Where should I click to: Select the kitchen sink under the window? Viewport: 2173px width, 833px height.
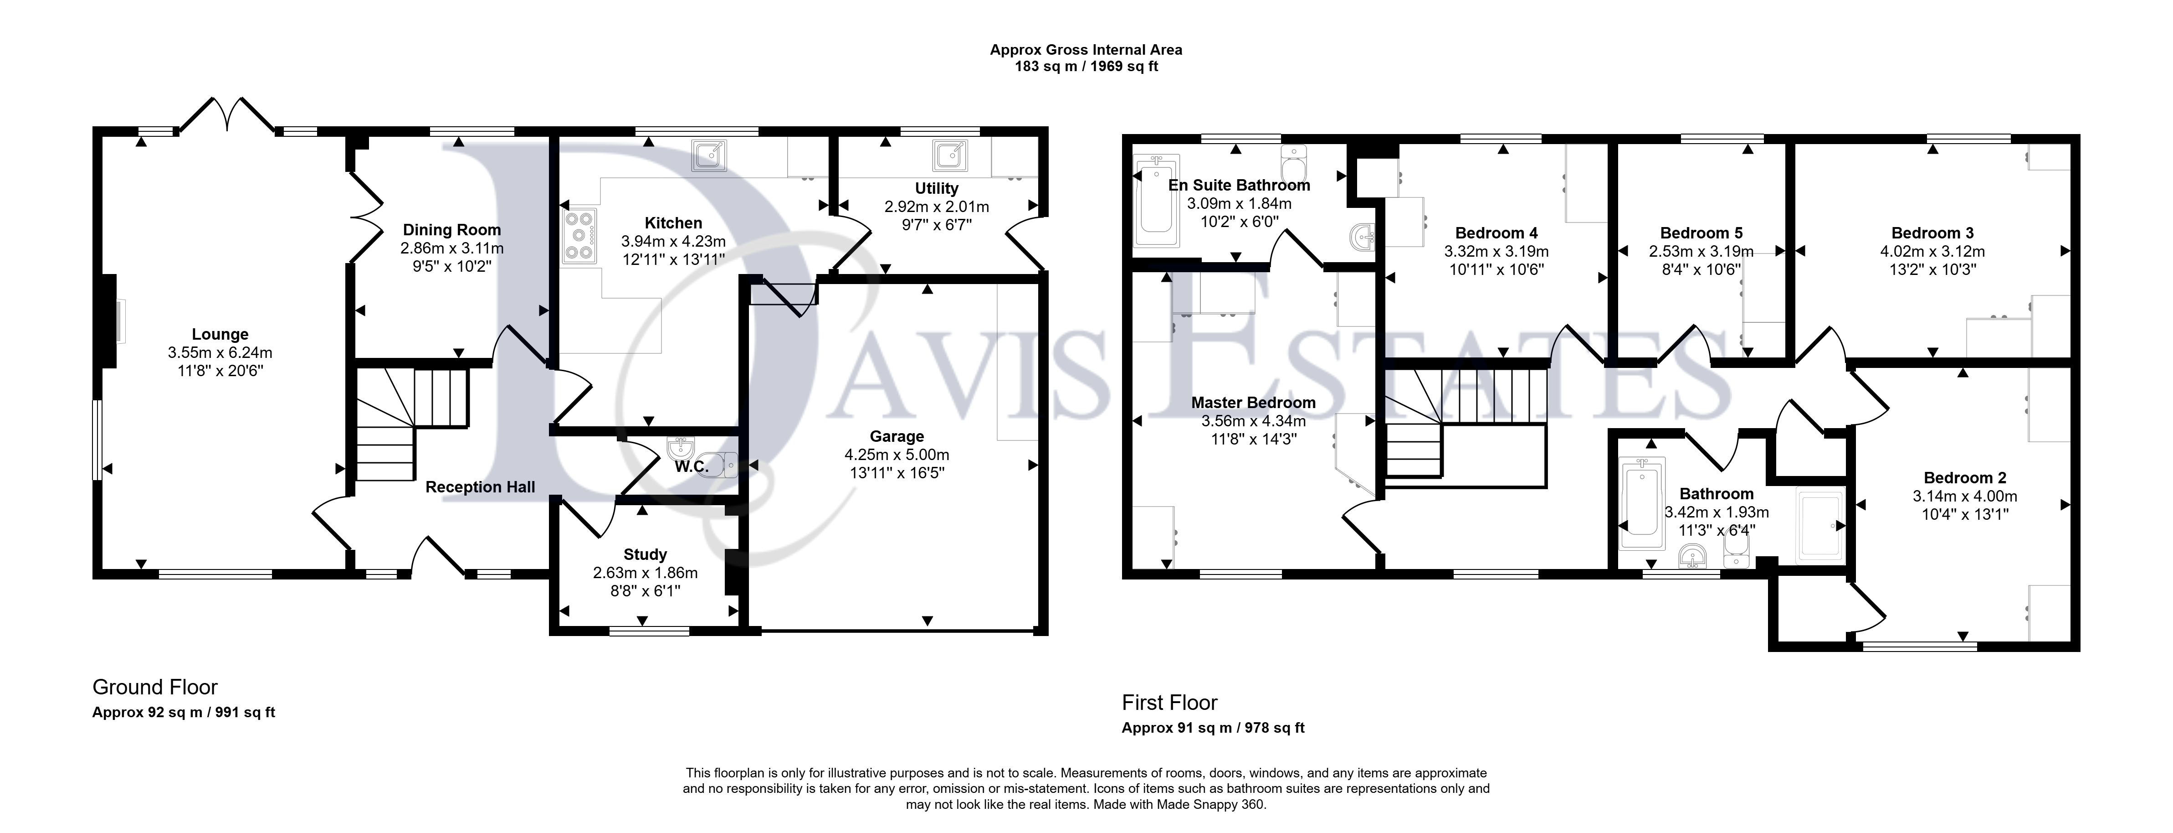tap(708, 156)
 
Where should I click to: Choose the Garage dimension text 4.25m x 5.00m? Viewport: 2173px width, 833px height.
tap(897, 455)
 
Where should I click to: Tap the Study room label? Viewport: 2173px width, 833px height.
tap(646, 554)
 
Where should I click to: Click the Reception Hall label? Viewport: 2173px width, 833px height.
tap(480, 487)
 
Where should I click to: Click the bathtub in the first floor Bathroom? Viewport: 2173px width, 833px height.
tap(1641, 497)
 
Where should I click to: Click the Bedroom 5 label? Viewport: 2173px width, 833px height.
tap(1701, 233)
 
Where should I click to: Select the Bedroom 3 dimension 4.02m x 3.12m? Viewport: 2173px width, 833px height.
tap(1932, 252)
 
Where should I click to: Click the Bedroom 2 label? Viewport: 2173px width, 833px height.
tap(1965, 478)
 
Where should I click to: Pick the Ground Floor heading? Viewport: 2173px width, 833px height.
tap(155, 687)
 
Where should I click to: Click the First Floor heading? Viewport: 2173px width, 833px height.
tap(1170, 702)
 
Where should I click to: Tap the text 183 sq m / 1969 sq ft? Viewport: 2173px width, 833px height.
tap(1086, 66)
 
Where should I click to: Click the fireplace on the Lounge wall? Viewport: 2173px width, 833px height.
tap(111, 321)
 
